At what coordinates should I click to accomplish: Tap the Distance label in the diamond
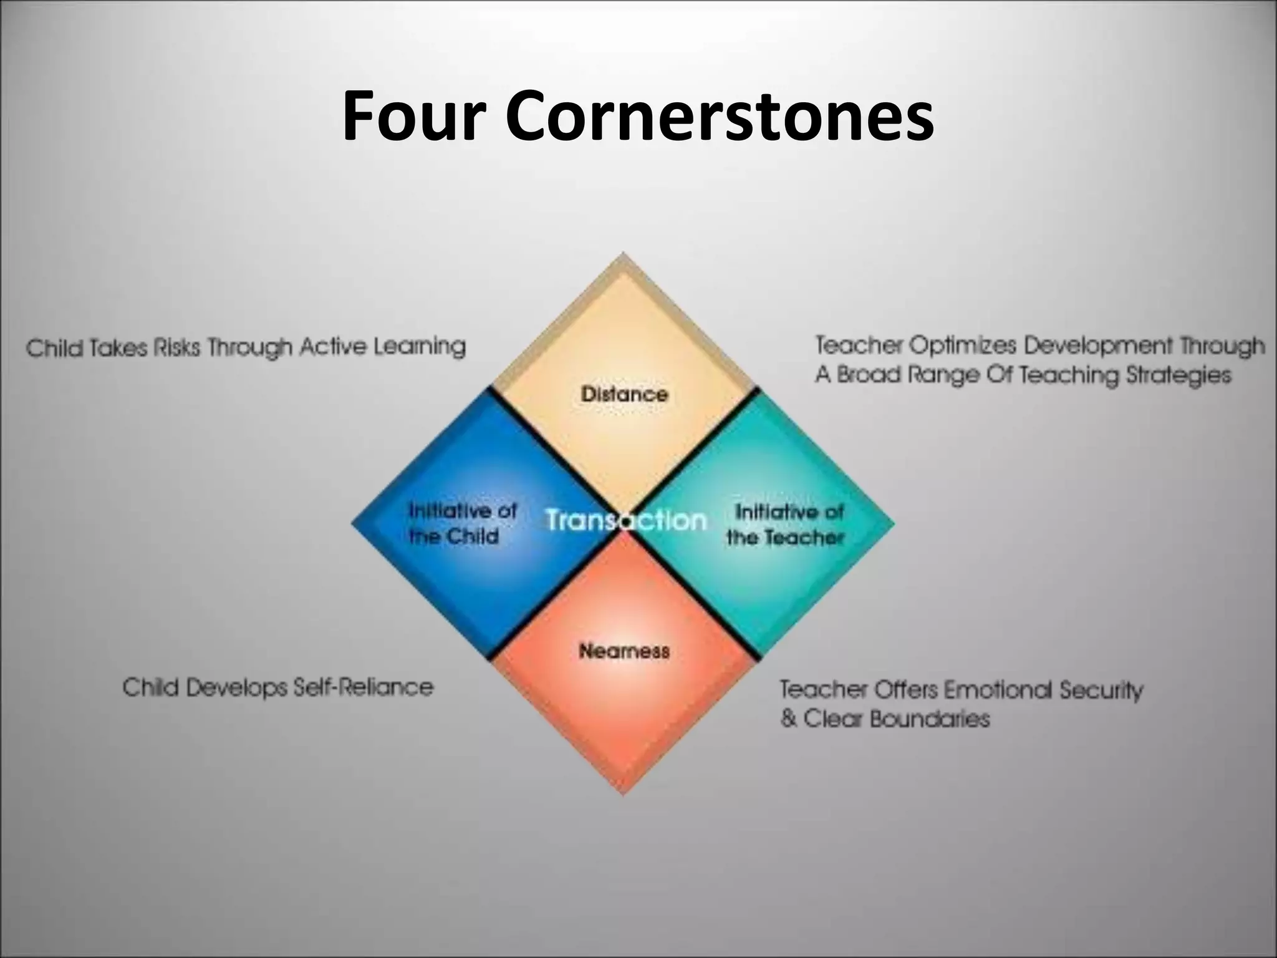point(624,394)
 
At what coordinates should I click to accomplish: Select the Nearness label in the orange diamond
point(624,651)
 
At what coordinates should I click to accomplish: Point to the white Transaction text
point(625,520)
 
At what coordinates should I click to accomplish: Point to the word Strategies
point(1179,375)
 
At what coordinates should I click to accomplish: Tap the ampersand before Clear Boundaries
point(788,719)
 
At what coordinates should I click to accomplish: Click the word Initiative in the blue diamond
point(445,511)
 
